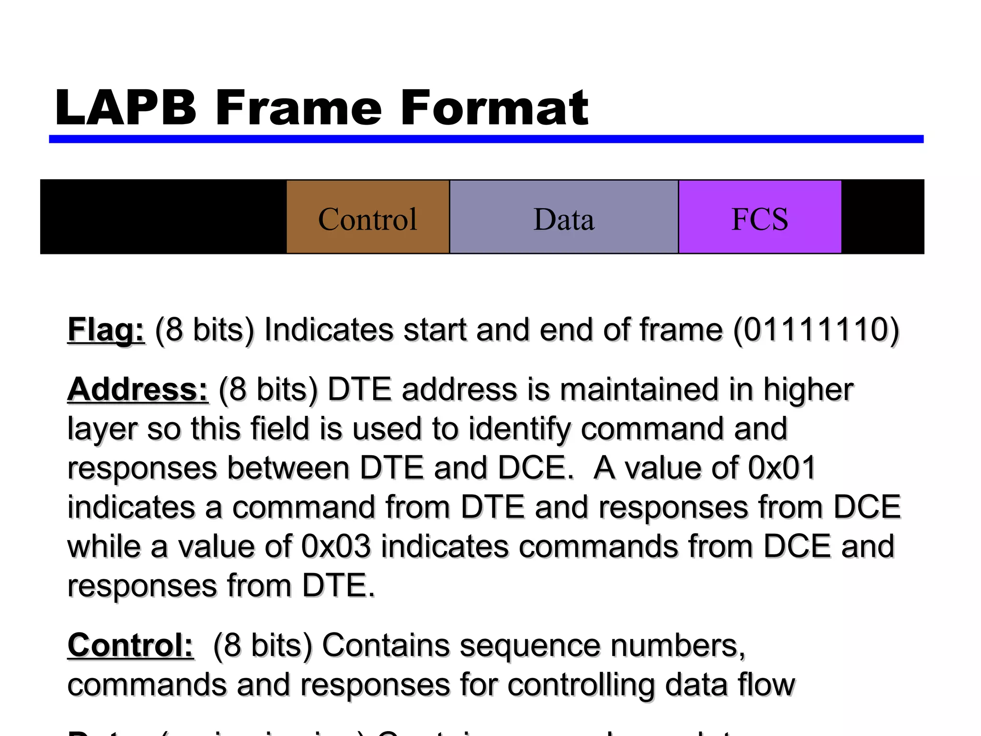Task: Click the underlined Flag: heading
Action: click(106, 331)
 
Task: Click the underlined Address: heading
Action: click(138, 390)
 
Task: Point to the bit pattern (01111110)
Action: click(816, 331)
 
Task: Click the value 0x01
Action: click(782, 468)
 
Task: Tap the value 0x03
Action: click(336, 547)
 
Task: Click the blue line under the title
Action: click(486, 139)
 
